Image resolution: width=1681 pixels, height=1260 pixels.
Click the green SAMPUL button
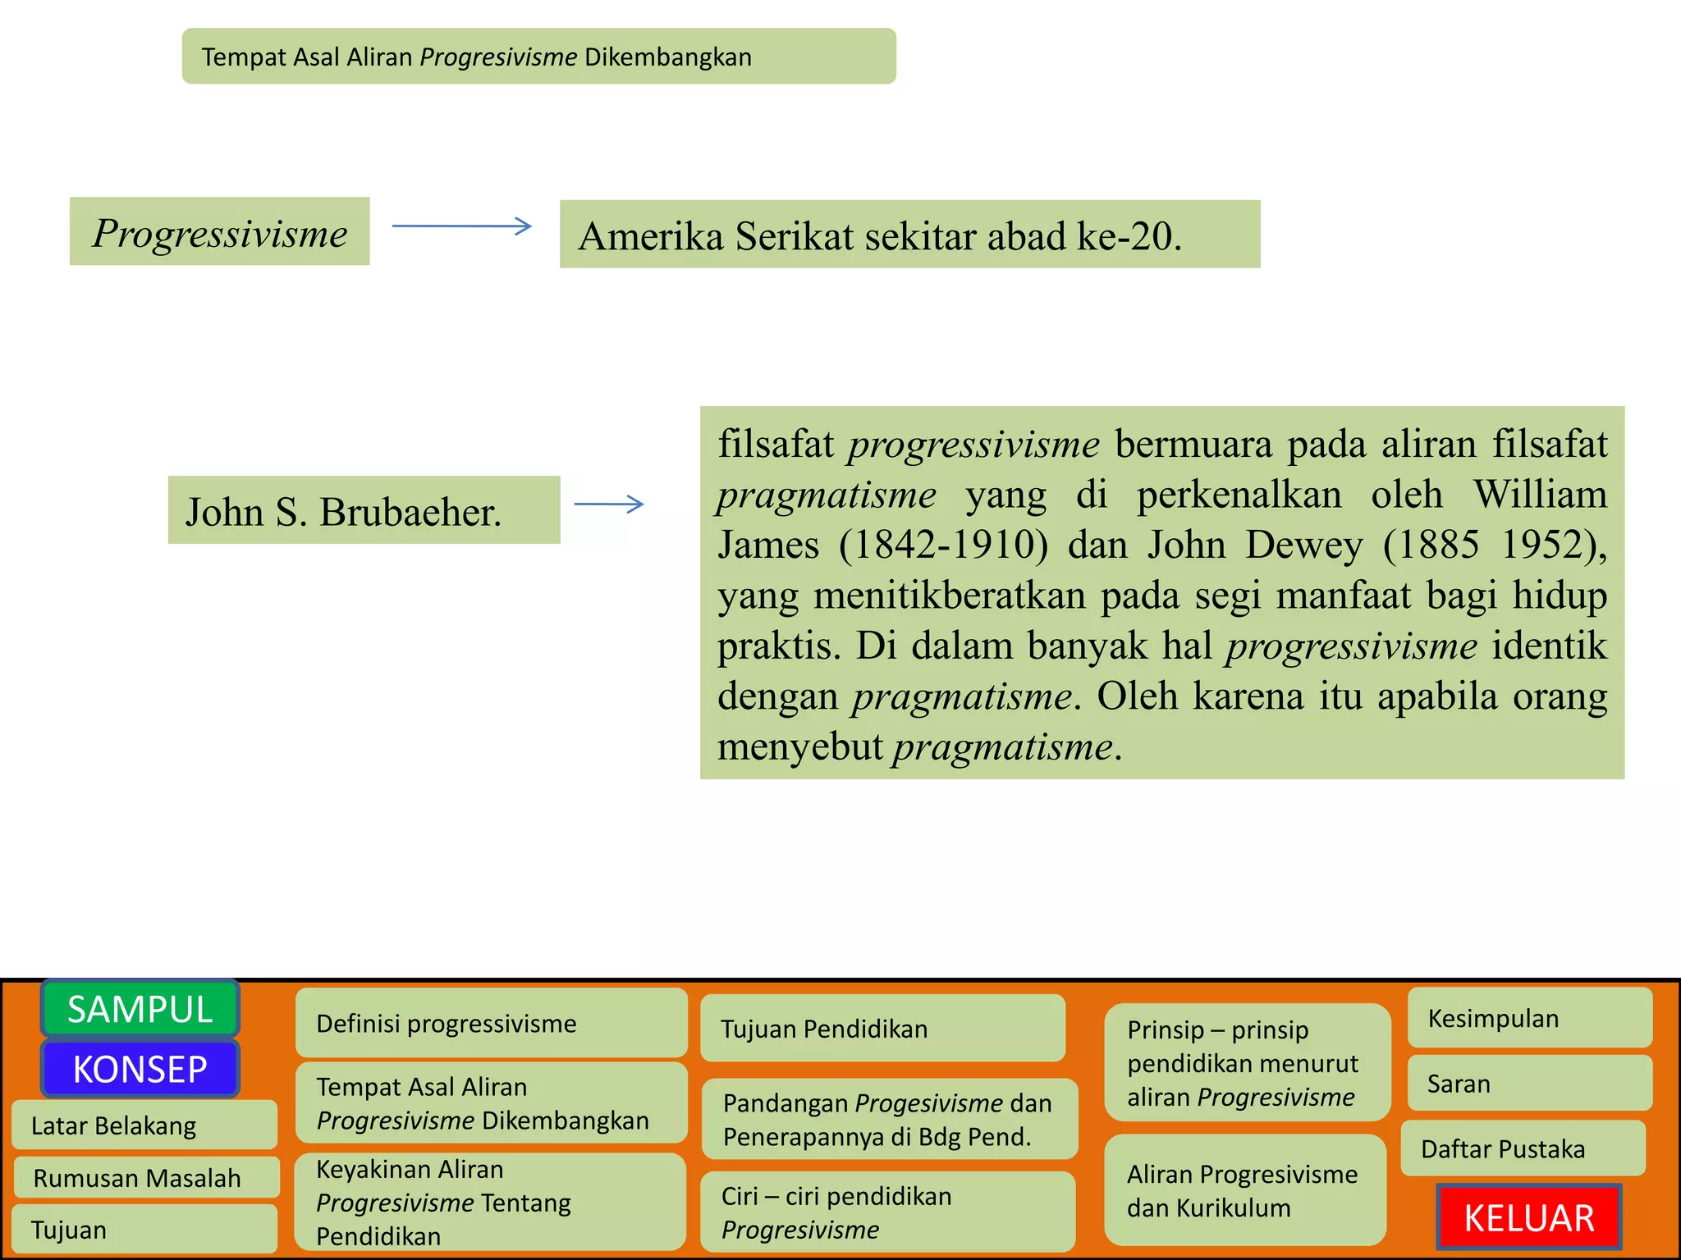point(140,1009)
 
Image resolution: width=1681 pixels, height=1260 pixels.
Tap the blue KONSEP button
point(140,1069)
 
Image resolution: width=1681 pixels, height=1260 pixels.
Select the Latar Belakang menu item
point(144,1125)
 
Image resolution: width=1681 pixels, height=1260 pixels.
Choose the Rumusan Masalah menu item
point(146,1178)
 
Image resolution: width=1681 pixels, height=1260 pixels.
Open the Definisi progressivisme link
point(491,1024)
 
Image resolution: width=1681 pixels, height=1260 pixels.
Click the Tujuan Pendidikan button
point(882,1029)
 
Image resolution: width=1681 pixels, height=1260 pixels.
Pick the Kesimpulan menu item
point(1530,1018)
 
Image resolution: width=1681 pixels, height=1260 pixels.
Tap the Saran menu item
point(1530,1084)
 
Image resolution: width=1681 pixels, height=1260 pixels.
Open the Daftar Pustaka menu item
point(1523,1148)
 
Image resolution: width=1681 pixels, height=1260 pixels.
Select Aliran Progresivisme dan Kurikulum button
point(1244,1190)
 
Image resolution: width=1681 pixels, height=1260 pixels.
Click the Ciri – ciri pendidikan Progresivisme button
point(888,1212)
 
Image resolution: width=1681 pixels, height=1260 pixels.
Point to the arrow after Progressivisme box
point(462,226)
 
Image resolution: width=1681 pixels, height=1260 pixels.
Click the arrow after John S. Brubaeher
point(609,504)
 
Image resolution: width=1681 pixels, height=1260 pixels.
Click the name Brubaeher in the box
point(410,512)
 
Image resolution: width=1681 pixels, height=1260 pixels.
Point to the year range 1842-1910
point(943,545)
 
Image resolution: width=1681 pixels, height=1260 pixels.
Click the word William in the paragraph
point(1540,494)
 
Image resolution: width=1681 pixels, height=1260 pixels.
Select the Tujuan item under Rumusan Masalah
point(144,1230)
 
